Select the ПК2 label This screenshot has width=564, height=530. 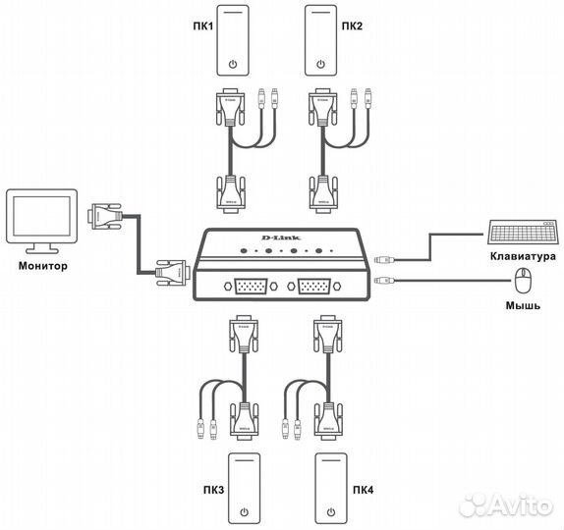point(352,26)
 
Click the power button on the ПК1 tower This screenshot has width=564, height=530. point(232,65)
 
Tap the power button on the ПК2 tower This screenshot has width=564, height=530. point(321,65)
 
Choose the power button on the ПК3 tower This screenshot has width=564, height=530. point(244,511)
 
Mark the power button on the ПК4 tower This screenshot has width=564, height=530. point(332,511)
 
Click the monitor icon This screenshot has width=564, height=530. point(39,218)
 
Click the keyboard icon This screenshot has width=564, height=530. point(520,233)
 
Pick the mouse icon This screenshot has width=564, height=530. point(523,285)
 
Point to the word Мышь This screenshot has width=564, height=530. point(522,306)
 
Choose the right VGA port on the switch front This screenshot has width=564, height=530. point(313,288)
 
